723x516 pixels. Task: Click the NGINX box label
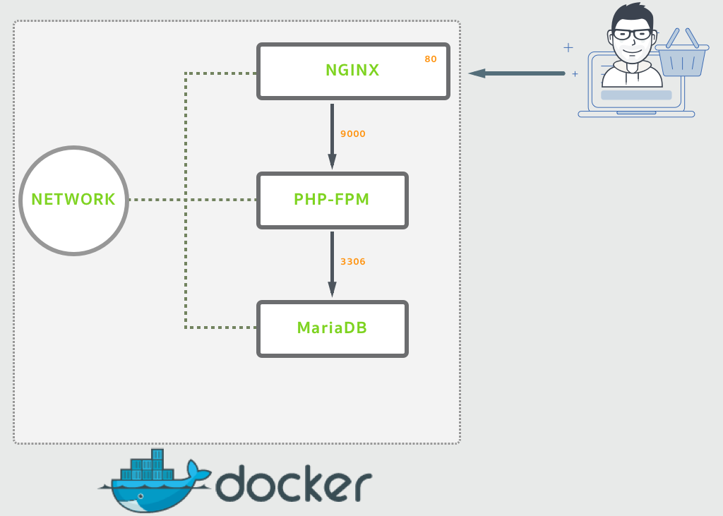point(352,70)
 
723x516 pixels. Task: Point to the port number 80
point(431,59)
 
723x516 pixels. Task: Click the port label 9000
point(353,133)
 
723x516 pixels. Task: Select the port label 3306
point(353,261)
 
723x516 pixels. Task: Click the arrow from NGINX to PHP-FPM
point(332,136)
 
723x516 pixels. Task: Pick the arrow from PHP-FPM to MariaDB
point(332,264)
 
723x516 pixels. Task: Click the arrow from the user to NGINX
point(516,73)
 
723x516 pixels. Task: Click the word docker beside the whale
point(294,484)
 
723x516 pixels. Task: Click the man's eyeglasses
point(632,34)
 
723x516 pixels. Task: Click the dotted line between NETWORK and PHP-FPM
point(193,200)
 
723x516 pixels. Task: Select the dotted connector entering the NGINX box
point(220,73)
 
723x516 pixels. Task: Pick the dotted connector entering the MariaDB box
point(220,328)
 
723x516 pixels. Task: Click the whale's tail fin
point(198,472)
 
